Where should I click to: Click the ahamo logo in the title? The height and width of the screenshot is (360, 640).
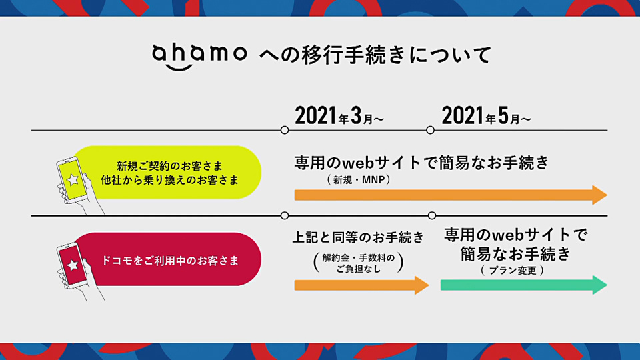click(199, 56)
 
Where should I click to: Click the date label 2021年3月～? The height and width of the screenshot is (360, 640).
click(339, 115)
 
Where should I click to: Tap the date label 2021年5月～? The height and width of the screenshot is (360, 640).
click(486, 115)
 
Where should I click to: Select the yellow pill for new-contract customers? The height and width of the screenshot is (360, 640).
click(167, 172)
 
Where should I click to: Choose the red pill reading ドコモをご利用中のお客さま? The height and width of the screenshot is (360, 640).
click(167, 259)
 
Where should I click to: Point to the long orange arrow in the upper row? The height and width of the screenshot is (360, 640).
click(451, 195)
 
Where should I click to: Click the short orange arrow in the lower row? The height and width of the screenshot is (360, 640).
click(361, 285)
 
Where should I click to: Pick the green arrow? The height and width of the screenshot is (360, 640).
click(524, 285)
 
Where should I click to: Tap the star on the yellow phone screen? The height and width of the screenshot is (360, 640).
click(73, 179)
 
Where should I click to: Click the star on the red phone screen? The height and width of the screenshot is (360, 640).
click(73, 265)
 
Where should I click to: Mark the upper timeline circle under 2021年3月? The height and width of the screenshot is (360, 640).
click(285, 130)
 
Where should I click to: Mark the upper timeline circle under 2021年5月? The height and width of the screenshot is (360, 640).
click(430, 130)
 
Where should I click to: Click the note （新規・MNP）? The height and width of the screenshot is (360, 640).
click(359, 179)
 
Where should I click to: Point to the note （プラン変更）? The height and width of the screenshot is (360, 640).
click(512, 270)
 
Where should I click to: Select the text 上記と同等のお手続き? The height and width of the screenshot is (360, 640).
click(359, 237)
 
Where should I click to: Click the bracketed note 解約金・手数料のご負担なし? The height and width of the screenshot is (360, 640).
click(359, 263)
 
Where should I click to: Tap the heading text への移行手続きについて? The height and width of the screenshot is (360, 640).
click(375, 55)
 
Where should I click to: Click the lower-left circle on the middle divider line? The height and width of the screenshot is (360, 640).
click(285, 215)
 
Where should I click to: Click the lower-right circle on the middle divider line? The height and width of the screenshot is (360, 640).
click(432, 215)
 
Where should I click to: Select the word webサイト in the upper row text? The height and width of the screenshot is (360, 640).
click(381, 163)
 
